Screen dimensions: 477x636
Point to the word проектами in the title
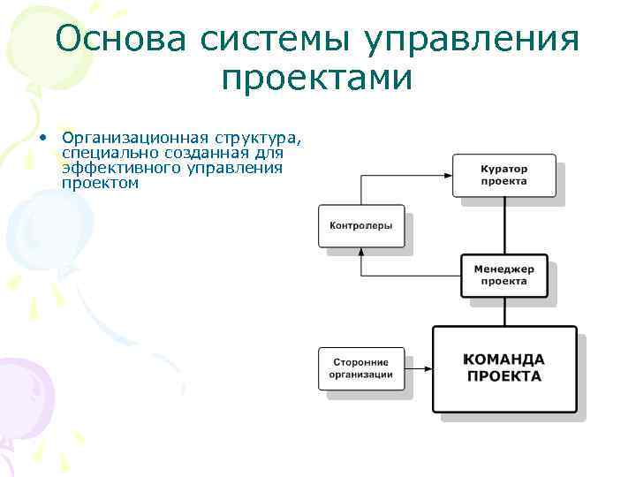317,79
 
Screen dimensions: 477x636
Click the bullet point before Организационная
42,139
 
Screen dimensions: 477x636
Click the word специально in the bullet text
102,153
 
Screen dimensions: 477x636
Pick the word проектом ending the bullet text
101,183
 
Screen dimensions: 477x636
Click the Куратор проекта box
503,175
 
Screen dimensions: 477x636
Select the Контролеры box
360,225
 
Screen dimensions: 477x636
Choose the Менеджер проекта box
503,276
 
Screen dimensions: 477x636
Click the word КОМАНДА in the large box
504,360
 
